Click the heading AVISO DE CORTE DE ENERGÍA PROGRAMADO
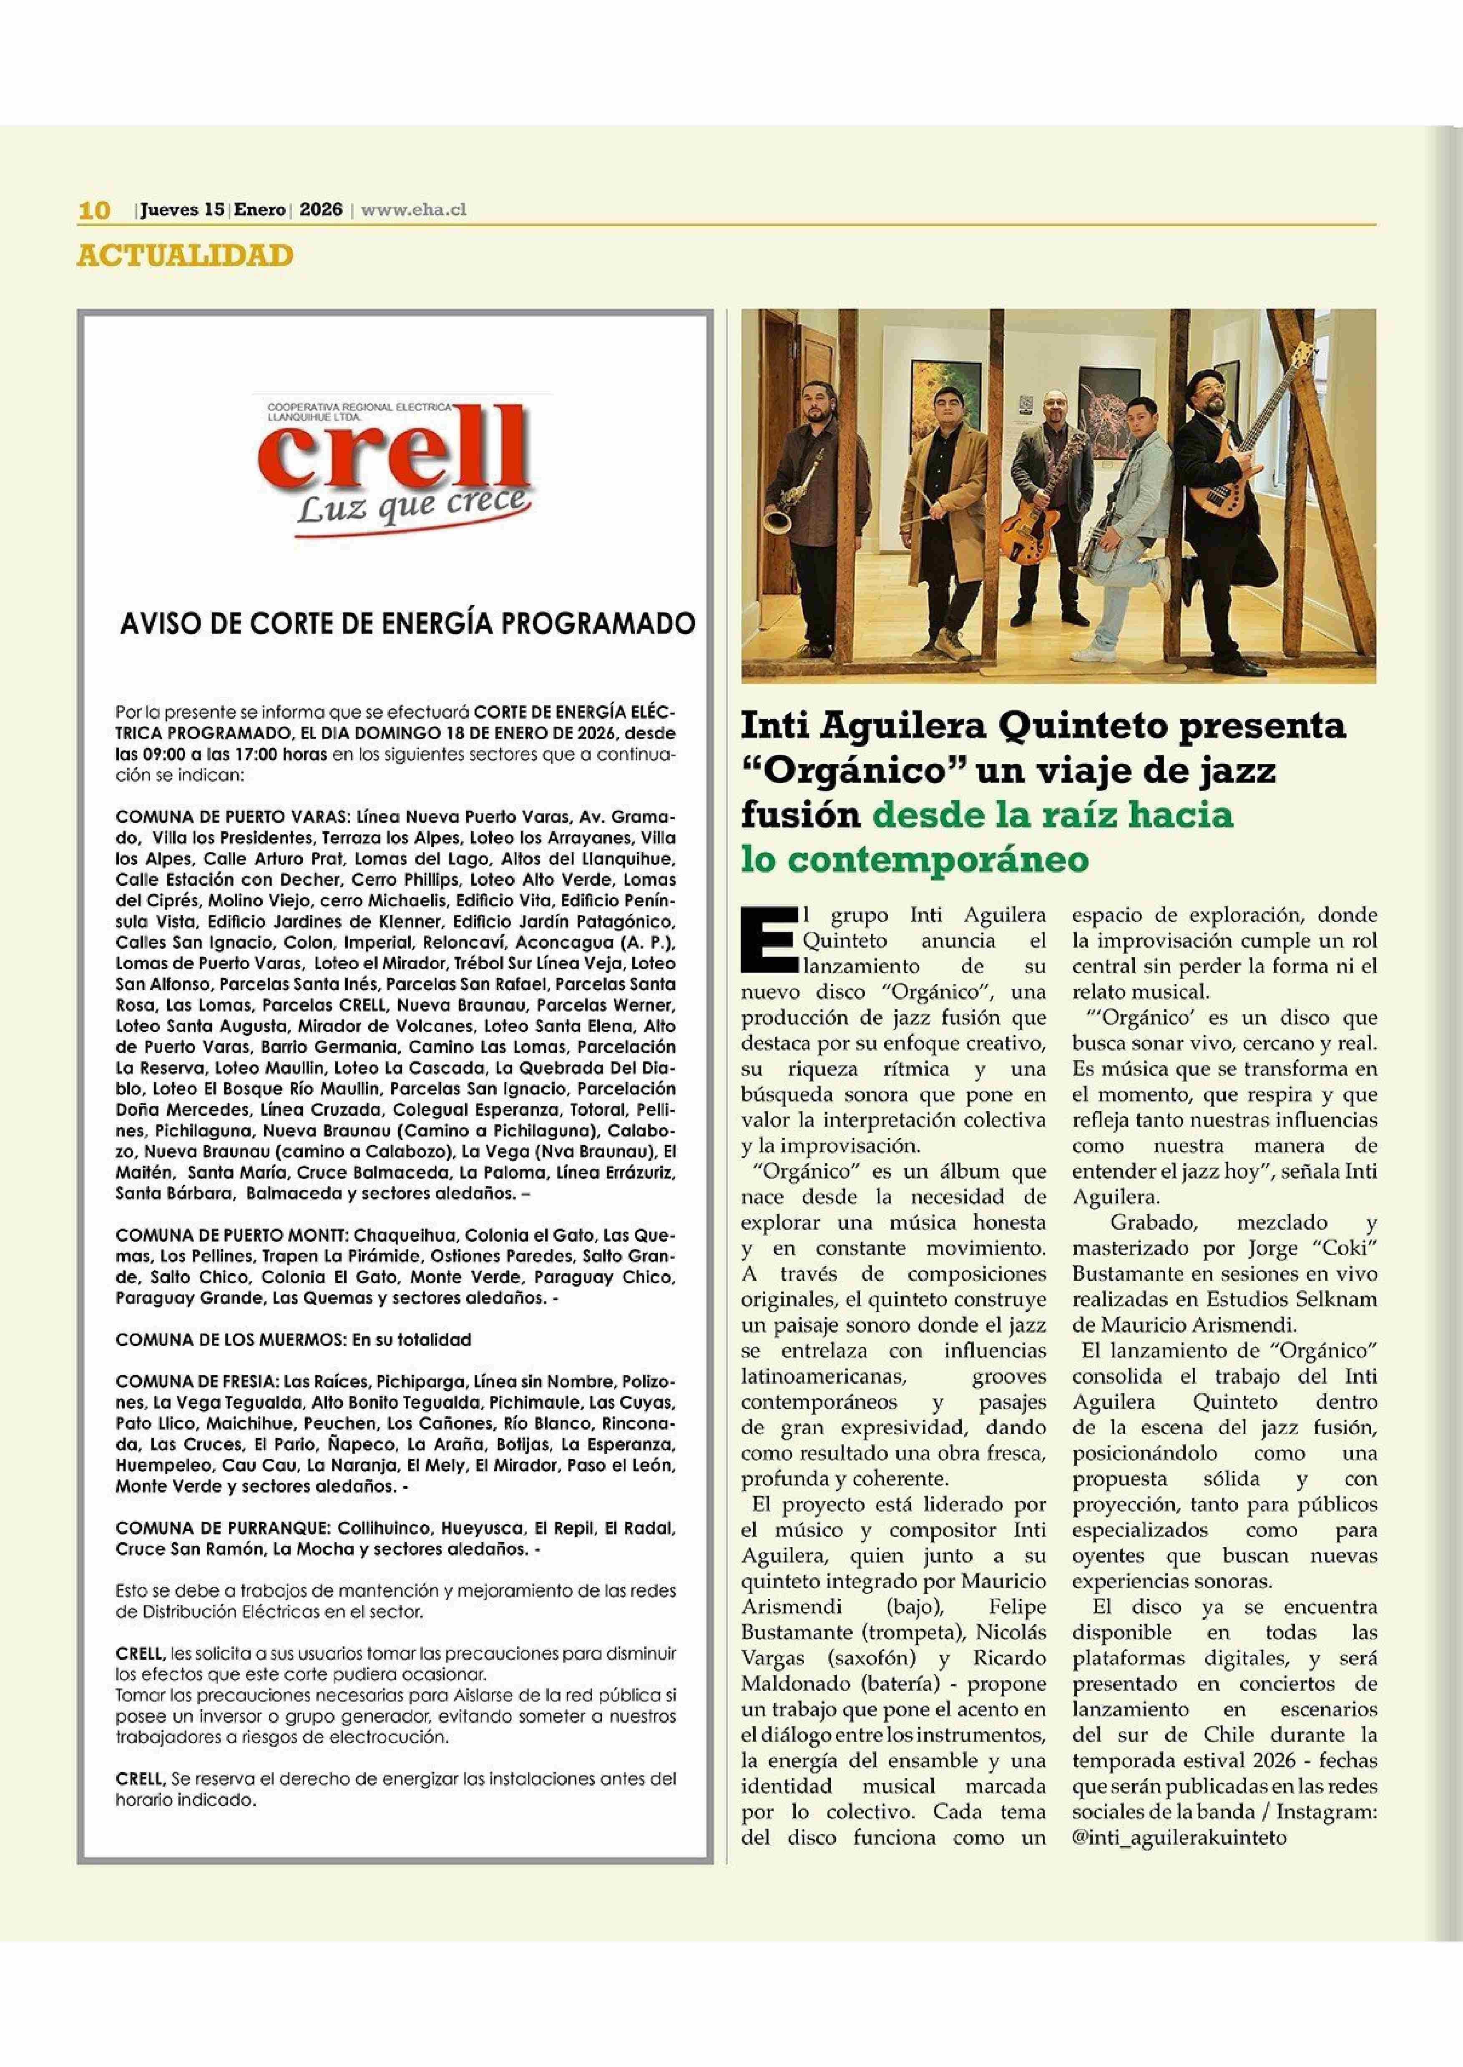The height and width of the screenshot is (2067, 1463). tap(408, 624)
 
